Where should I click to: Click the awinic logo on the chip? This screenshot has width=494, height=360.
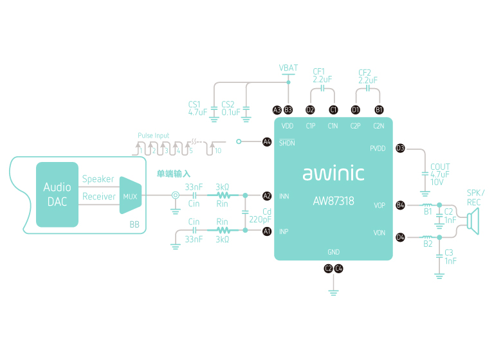[333, 174]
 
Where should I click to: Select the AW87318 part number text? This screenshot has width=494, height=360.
[333, 201]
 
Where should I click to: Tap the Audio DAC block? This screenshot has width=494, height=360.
[57, 194]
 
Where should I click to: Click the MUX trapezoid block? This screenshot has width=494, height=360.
[131, 196]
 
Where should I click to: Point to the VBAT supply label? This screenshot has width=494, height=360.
[289, 67]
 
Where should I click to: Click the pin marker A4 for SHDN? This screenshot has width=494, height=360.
[267, 141]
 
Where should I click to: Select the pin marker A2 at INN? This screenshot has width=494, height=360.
[267, 195]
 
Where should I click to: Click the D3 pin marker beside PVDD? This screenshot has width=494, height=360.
[400, 148]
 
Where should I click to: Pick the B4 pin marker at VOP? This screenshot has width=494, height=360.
[400, 205]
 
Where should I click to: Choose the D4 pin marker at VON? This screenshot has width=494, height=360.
[400, 237]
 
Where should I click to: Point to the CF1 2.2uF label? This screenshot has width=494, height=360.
[322, 76]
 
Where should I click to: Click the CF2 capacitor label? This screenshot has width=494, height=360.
[367, 76]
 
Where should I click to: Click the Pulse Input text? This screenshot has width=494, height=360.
[153, 136]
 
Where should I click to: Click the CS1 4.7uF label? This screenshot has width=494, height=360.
[197, 108]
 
